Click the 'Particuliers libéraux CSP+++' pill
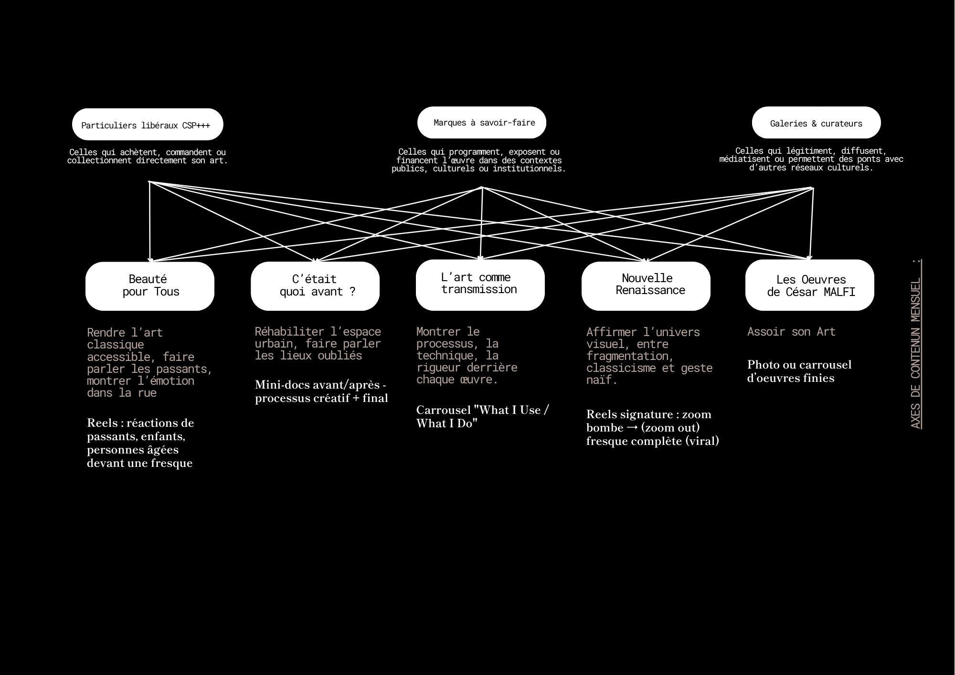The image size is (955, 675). click(x=148, y=125)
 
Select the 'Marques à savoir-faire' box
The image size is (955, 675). click(x=482, y=123)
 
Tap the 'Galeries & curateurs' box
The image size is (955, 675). click(x=817, y=123)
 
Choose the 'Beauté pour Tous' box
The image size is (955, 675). click(x=150, y=286)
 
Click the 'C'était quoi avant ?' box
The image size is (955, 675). click(x=315, y=286)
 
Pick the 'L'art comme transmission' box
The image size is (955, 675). click(x=480, y=285)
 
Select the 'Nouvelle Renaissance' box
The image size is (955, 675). click(x=646, y=286)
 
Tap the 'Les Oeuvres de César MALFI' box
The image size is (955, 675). click(x=810, y=285)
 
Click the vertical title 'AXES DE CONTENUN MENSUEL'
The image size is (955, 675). click(x=916, y=344)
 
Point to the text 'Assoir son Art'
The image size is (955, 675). click(x=791, y=332)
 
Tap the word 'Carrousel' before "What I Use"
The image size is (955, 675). click(x=444, y=410)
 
